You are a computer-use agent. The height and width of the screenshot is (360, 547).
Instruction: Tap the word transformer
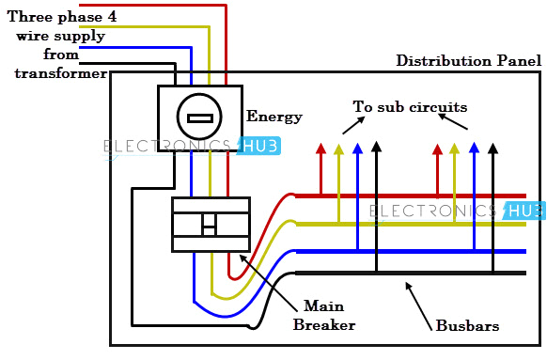tap(60, 73)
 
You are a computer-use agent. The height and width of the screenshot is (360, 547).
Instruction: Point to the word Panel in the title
tap(518, 61)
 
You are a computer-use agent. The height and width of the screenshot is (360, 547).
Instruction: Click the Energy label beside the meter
tap(274, 117)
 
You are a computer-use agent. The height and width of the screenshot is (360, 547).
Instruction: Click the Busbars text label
tap(467, 326)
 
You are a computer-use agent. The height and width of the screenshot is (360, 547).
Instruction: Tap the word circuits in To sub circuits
tap(436, 107)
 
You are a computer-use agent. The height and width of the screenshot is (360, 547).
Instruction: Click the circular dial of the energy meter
tap(199, 117)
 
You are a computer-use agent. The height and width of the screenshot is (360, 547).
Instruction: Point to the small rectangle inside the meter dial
tap(199, 118)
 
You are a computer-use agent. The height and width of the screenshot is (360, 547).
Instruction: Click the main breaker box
tap(211, 225)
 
